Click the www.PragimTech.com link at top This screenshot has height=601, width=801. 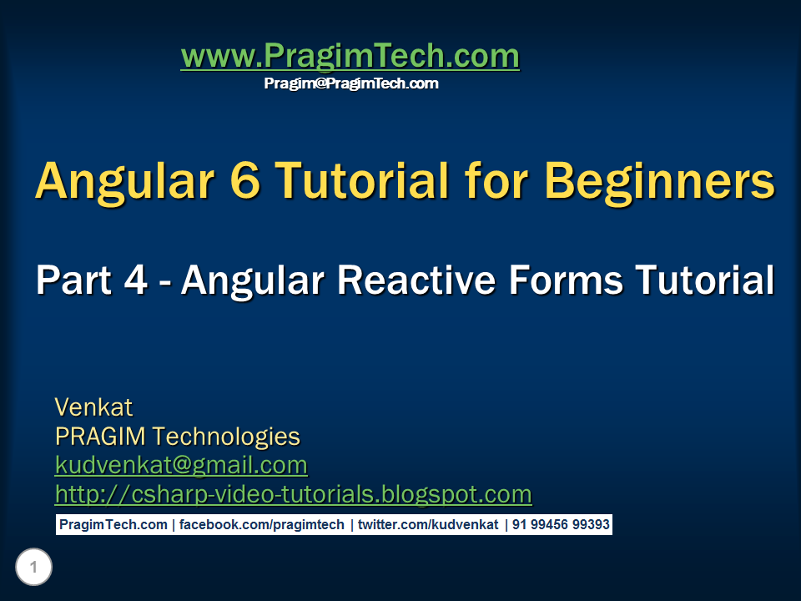point(350,57)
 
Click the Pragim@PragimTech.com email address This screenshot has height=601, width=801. point(350,83)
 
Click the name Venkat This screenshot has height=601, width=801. point(93,407)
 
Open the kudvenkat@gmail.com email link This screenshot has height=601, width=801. point(181,465)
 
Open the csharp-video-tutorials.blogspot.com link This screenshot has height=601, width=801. point(293,494)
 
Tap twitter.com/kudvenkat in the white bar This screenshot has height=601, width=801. point(427,525)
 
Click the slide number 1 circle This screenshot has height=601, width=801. point(33,568)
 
